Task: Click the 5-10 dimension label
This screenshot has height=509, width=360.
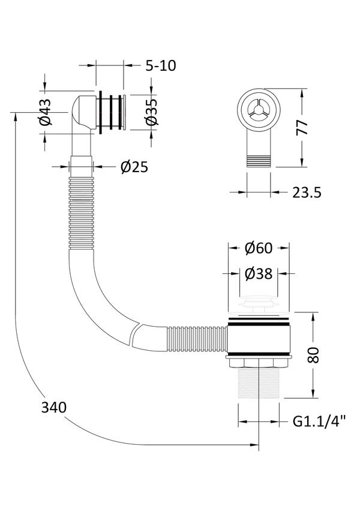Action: point(161,66)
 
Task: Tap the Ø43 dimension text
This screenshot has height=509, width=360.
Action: point(46,112)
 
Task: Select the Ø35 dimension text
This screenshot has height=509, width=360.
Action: point(151,112)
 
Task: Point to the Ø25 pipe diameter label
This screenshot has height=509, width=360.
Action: point(134,167)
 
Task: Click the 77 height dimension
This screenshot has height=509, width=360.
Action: point(302,127)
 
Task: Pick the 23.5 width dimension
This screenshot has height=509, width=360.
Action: point(307,192)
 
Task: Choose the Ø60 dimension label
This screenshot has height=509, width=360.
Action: point(259,248)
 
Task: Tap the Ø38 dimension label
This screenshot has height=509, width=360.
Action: point(259,274)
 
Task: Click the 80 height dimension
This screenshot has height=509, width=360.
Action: point(314,355)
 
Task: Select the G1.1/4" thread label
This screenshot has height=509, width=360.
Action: point(319,421)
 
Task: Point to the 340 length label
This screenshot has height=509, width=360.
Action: point(54,408)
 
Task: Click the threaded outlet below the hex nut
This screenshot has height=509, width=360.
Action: point(259,383)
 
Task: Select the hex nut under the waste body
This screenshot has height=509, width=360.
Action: point(259,362)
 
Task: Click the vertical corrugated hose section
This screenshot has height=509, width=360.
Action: point(81,213)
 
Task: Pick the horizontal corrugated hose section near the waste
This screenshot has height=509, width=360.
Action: point(197,339)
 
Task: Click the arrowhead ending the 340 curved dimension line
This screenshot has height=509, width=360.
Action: point(254,445)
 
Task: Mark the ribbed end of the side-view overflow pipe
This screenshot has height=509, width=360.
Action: point(259,161)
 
